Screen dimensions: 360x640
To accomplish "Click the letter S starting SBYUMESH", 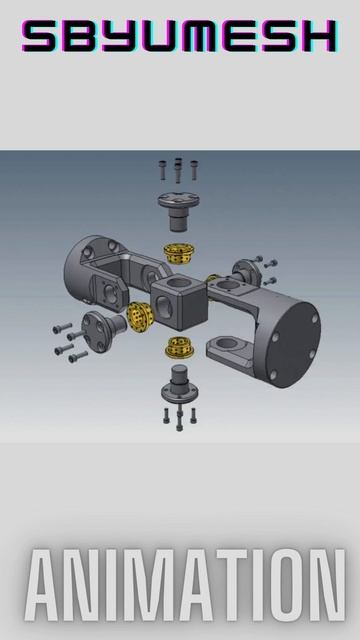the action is [40, 36].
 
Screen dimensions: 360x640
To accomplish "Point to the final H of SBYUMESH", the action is [319, 36].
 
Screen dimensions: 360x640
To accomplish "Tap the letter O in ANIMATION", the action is [284, 585].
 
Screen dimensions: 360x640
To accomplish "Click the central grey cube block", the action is [179, 302].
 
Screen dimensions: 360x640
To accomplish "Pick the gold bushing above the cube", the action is [178, 253].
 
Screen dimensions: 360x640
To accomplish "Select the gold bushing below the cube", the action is [180, 347].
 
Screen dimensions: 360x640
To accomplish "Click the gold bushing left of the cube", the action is [140, 317].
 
